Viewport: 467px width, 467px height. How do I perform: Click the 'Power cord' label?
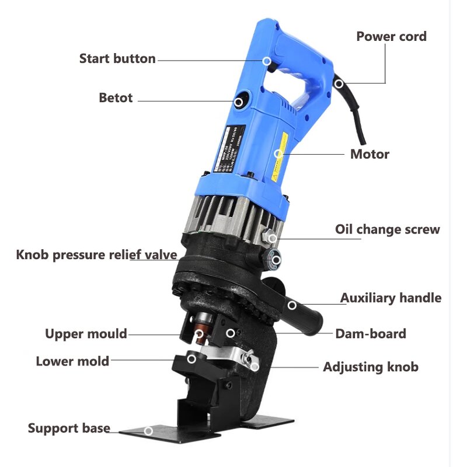[x=391, y=36]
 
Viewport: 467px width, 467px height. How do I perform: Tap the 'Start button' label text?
[x=117, y=58]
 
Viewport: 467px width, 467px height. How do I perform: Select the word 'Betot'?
[x=116, y=97]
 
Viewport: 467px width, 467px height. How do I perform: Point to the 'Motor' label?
[x=370, y=154]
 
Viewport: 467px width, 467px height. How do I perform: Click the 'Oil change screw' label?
[x=387, y=229]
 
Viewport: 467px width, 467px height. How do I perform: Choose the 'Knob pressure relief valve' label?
[x=96, y=255]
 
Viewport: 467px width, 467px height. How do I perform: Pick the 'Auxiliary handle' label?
[x=391, y=298]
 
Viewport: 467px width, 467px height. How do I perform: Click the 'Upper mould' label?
[x=86, y=334]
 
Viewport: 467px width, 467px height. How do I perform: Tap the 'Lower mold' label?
[x=72, y=361]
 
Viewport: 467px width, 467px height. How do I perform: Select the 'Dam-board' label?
[x=370, y=334]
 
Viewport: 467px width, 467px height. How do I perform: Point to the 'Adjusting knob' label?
[x=371, y=367]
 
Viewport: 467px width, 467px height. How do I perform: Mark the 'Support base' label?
[x=69, y=428]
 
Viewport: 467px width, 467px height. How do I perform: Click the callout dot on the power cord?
[x=339, y=84]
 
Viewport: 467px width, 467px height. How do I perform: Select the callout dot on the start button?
[x=266, y=61]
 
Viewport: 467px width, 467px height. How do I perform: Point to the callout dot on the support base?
[x=148, y=431]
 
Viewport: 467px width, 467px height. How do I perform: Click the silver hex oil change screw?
[x=271, y=238]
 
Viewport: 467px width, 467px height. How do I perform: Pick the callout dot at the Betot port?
[x=239, y=102]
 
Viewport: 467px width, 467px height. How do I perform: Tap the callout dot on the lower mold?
[x=192, y=358]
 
